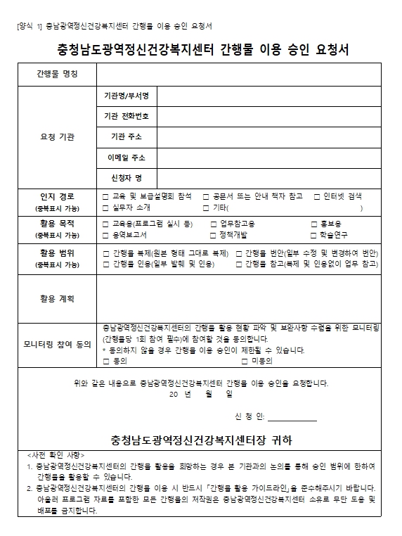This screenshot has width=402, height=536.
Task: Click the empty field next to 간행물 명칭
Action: [x=239, y=74]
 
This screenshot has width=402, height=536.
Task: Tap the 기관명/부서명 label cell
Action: [x=127, y=95]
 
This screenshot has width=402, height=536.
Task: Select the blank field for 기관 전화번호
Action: [x=268, y=115]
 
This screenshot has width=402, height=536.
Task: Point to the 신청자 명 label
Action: [x=127, y=177]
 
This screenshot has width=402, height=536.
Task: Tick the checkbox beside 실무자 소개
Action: [x=105, y=208]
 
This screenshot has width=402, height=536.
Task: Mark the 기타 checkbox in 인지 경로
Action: [x=206, y=208]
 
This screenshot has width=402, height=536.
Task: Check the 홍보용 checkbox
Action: [x=313, y=224]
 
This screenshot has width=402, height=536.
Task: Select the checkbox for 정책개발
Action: [x=213, y=235]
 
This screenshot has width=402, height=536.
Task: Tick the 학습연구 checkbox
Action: [x=313, y=235]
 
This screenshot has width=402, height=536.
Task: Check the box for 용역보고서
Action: [x=105, y=235]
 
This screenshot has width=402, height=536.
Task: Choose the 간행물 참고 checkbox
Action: [x=240, y=264]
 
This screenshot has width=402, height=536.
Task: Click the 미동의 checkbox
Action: [x=245, y=361]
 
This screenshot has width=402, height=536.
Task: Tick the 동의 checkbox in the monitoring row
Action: [x=105, y=361]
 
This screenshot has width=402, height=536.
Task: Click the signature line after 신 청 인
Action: [x=292, y=417]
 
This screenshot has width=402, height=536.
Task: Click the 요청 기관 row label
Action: [x=57, y=136]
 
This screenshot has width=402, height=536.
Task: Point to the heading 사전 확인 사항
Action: [x=64, y=455]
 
